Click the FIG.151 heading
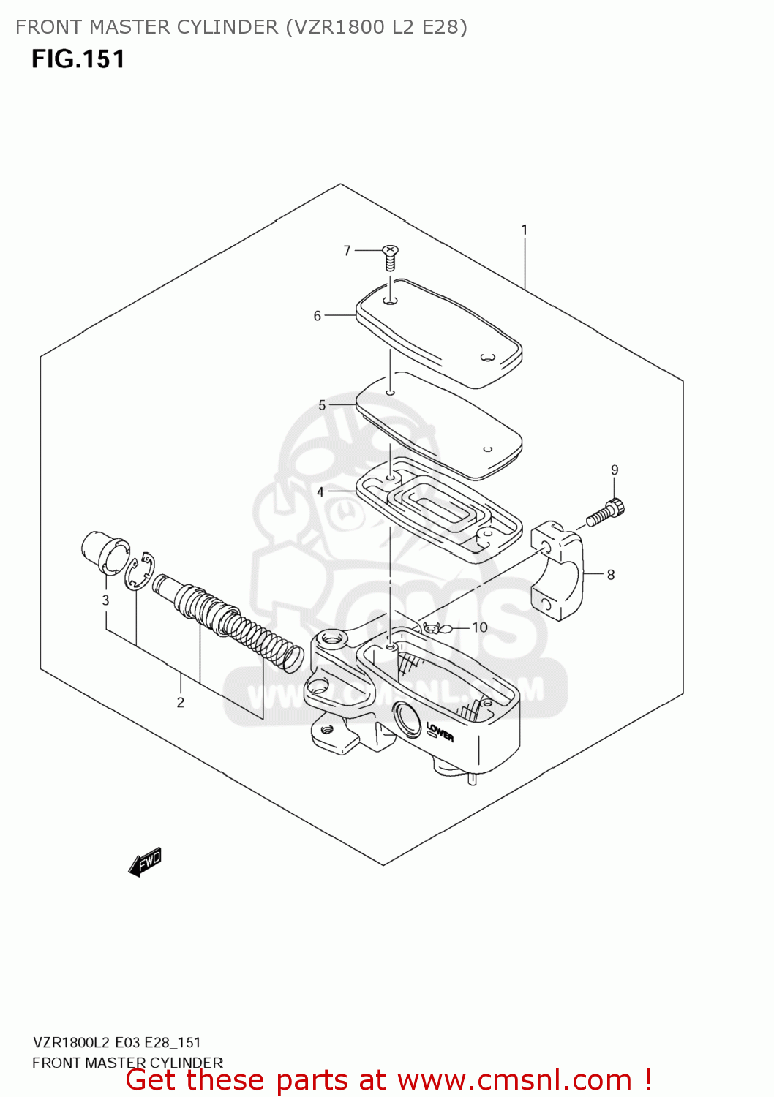coord(78,59)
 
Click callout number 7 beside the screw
coord(347,251)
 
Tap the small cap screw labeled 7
coord(391,257)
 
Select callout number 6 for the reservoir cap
coord(318,316)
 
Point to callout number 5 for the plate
coord(322,405)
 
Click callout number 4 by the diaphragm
coord(320,492)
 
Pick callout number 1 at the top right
coord(524,230)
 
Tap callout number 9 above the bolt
coord(615,470)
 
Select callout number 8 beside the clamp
coord(610,575)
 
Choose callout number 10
coord(479,627)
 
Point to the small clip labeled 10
coord(432,627)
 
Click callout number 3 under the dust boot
coord(105,600)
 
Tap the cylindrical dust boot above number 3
coord(102,553)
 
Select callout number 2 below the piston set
coord(180,703)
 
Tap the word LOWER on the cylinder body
coord(440,731)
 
